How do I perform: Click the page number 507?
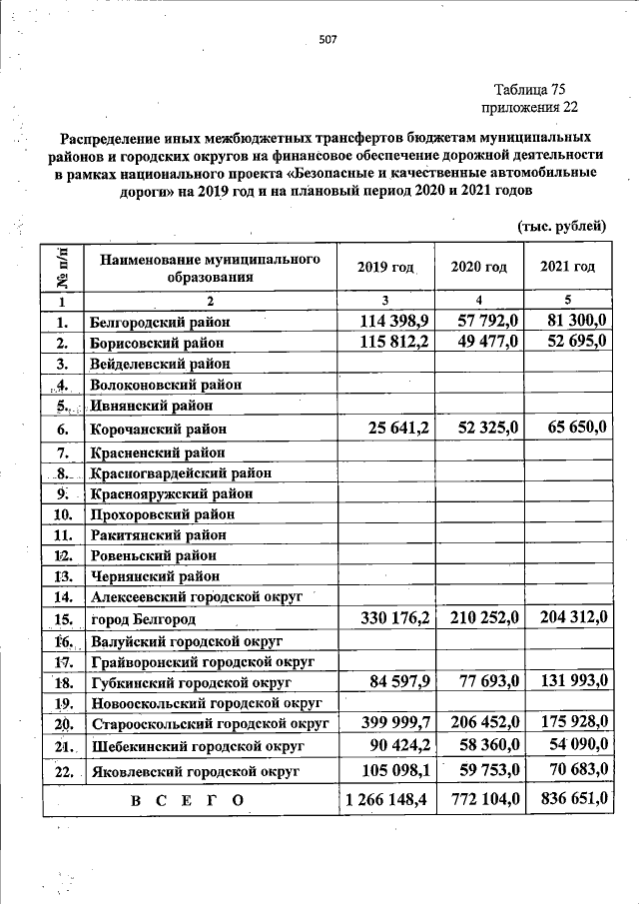[x=328, y=40]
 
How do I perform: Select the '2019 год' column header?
[x=384, y=267]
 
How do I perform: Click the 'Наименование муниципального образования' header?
[x=210, y=267]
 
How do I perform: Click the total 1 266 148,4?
[x=385, y=799]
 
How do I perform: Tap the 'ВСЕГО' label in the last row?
[x=186, y=801]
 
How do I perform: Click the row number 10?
[x=62, y=514]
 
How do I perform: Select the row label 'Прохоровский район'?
[x=162, y=514]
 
